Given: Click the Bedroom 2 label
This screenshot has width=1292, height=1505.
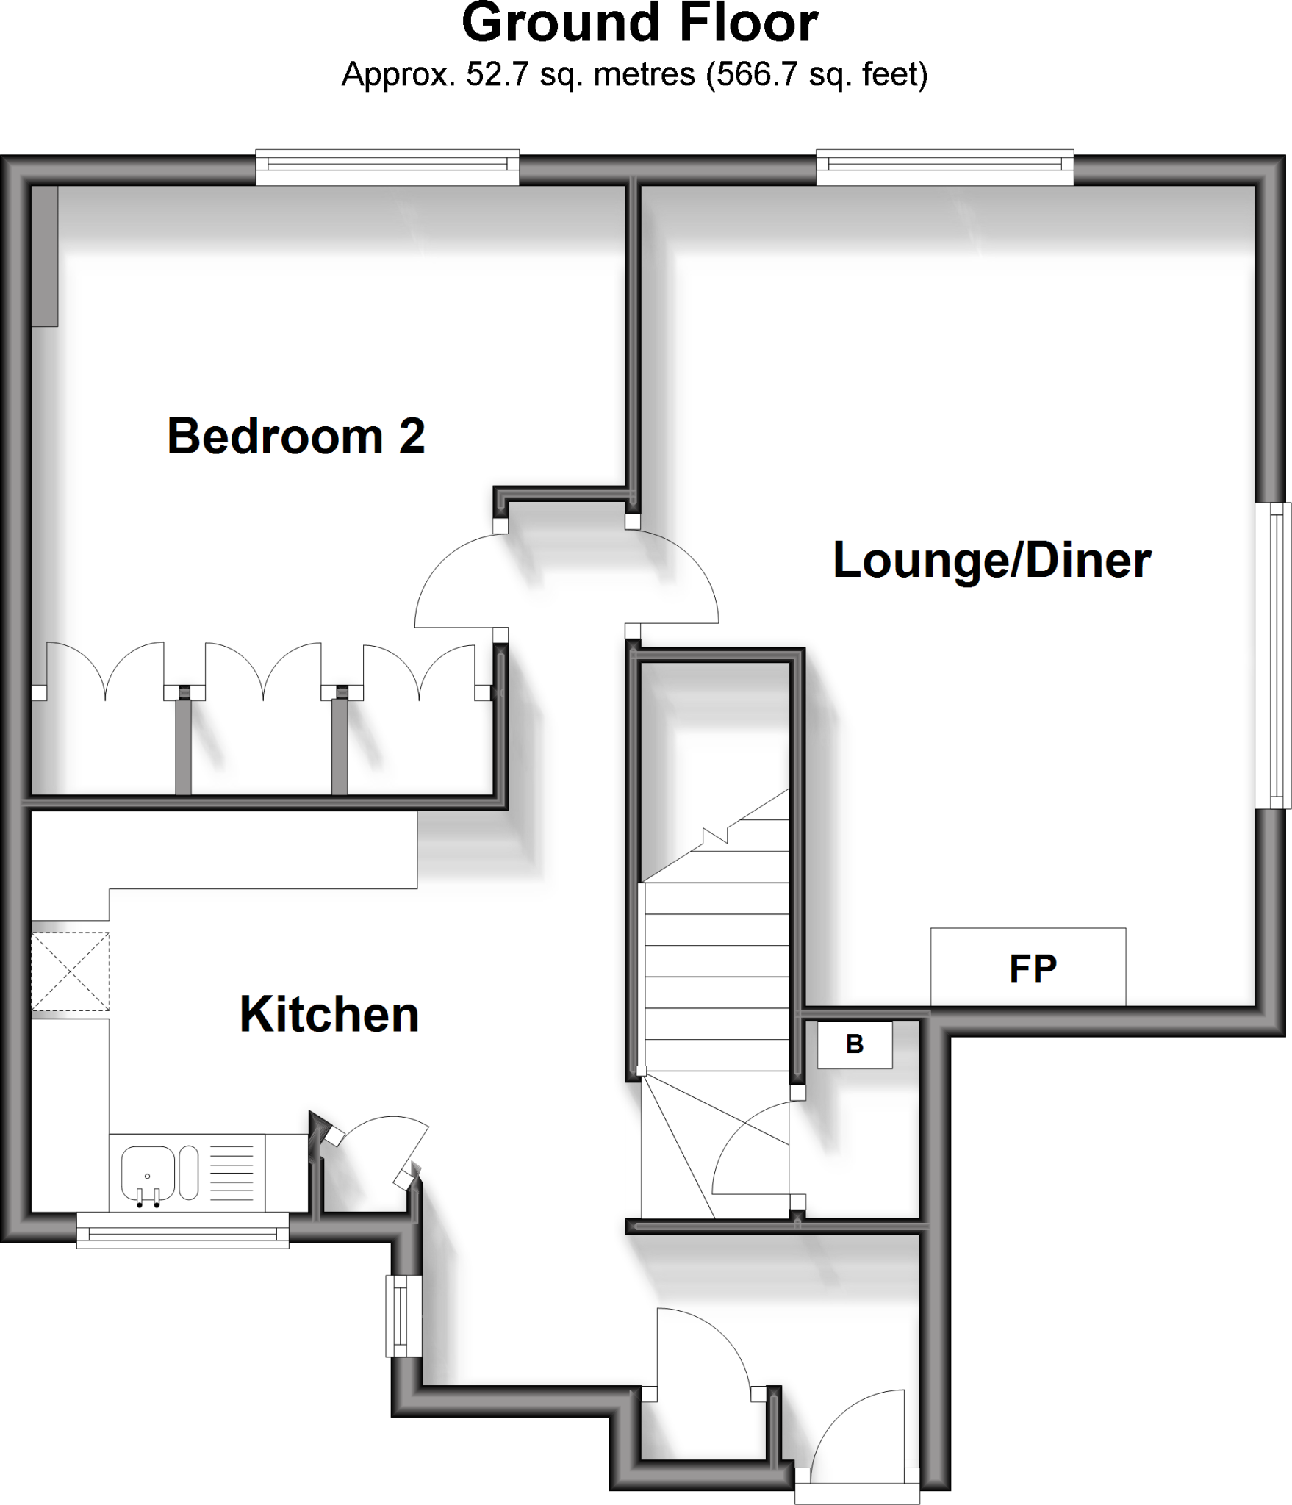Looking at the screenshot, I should click(296, 437).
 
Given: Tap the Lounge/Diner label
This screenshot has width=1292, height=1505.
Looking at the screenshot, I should click(991, 561).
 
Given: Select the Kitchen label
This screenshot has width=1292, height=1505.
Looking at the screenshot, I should click(329, 1015).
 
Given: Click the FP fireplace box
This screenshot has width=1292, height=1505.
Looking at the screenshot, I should click(1028, 968).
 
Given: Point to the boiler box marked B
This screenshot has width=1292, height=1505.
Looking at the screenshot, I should click(855, 1044).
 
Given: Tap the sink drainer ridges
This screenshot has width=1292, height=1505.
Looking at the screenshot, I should click(232, 1173).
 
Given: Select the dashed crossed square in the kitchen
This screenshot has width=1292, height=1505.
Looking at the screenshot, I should click(70, 971).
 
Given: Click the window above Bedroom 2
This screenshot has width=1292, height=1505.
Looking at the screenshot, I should click(387, 168).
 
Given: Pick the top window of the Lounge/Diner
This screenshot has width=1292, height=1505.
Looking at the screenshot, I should click(944, 168).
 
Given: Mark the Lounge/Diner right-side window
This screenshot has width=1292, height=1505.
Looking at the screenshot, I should click(1273, 655).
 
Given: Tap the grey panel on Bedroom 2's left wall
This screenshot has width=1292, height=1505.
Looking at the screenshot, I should click(45, 256).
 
